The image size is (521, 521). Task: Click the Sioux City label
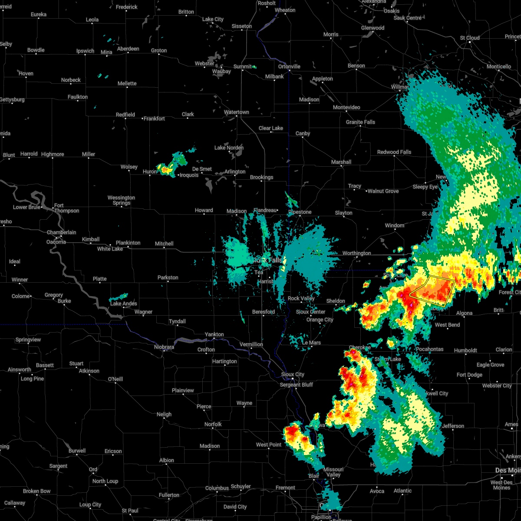pyautogui.click(x=293, y=374)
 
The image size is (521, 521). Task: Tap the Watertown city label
pyautogui.click(x=236, y=112)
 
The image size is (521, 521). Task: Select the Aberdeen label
pyautogui.click(x=128, y=49)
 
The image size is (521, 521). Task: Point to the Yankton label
pyautogui.click(x=214, y=334)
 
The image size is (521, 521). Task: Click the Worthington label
pyautogui.click(x=356, y=253)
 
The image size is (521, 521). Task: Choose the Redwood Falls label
pyautogui.click(x=394, y=152)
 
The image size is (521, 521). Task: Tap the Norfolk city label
pyautogui.click(x=213, y=424)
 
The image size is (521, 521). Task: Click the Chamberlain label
pyautogui.click(x=61, y=232)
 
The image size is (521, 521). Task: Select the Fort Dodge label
pyautogui.click(x=469, y=375)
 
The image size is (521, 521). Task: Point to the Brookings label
pyautogui.click(x=261, y=177)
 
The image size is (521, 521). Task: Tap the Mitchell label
pyautogui.click(x=164, y=244)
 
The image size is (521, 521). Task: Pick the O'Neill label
pyautogui.click(x=115, y=379)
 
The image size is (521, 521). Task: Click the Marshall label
pyautogui.click(x=341, y=162)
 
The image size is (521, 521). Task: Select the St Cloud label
pyautogui.click(x=470, y=38)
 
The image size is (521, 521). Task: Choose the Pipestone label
pyautogui.click(x=300, y=212)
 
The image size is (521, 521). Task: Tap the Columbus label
pyautogui.click(x=217, y=488)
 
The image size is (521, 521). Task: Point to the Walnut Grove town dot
pyautogui.click(x=366, y=191)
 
